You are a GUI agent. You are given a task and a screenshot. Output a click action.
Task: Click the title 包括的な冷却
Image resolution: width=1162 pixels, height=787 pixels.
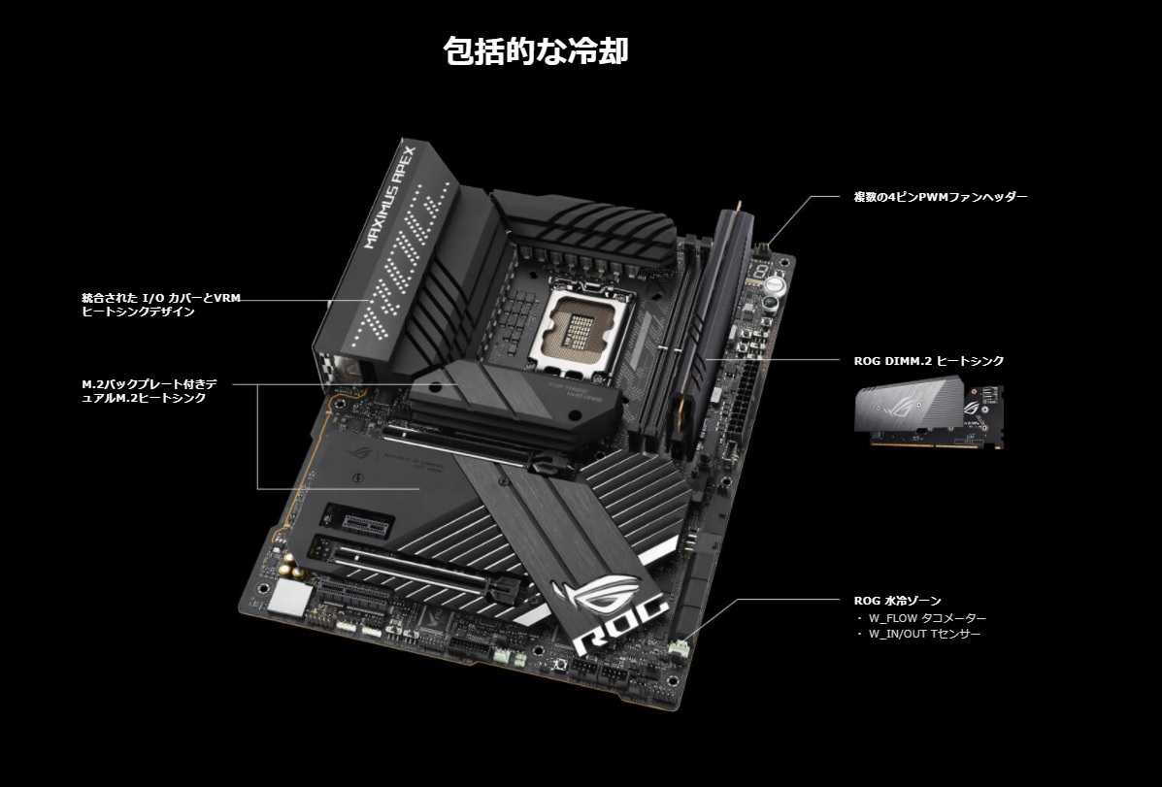click(536, 51)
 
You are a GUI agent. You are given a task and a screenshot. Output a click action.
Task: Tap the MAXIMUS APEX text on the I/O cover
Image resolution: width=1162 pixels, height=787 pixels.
click(390, 196)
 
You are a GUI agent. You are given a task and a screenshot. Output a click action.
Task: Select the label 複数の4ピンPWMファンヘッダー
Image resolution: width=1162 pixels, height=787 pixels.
click(941, 197)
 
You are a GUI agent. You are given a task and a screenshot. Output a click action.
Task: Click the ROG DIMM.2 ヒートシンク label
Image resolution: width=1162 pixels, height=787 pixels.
click(929, 361)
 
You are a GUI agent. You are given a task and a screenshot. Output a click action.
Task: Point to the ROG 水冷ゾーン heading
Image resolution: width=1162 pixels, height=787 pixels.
click(897, 601)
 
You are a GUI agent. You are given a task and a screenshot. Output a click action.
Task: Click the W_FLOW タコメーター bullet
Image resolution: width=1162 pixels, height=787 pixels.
click(921, 618)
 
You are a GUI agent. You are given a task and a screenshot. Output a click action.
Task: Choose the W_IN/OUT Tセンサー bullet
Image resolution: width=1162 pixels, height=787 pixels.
click(918, 635)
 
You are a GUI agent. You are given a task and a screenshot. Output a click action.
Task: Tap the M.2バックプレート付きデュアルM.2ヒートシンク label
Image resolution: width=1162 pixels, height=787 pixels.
click(149, 390)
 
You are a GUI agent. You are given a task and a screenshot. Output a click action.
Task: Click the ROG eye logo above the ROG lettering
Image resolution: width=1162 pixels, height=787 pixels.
click(597, 592)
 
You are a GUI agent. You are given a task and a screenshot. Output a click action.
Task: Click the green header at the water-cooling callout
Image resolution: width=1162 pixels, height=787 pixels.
click(679, 648)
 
